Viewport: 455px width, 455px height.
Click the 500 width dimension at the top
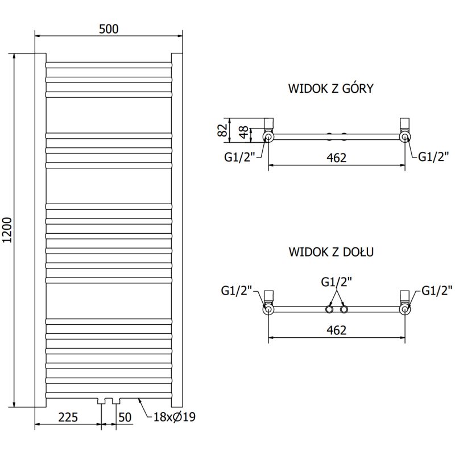point(109,29)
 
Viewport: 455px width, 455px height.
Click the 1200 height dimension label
point(7,231)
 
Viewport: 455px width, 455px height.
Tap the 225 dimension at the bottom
point(68,417)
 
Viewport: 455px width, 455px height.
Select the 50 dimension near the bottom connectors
point(125,417)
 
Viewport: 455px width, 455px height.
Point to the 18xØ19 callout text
point(174,417)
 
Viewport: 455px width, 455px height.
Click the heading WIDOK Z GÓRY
point(330,88)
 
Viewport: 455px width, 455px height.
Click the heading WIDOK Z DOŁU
point(330,251)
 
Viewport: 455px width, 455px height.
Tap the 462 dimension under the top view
point(337,158)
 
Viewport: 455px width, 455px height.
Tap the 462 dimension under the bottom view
point(337,330)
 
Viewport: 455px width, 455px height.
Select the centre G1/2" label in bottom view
point(336,281)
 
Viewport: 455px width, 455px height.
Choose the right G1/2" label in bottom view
point(437,291)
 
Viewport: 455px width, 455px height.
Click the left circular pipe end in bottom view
point(268,309)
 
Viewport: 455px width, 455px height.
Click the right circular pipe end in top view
point(405,137)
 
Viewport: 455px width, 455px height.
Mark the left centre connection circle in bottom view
point(329,309)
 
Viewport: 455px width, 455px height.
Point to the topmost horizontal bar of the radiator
point(108,63)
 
